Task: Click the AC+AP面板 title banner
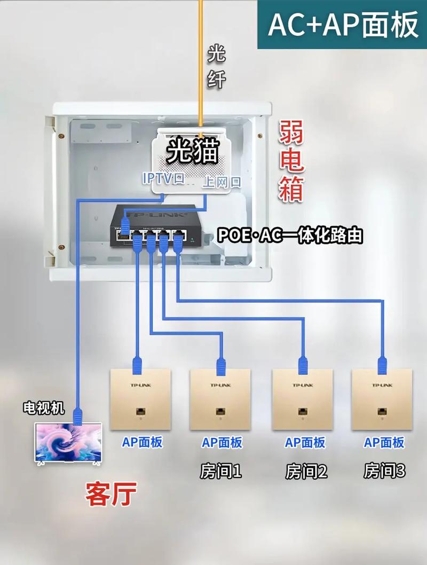[342, 25]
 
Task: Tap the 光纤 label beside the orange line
[216, 66]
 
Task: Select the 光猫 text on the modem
[192, 151]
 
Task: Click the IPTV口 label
[163, 178]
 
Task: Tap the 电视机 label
[44, 409]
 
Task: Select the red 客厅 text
[111, 494]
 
